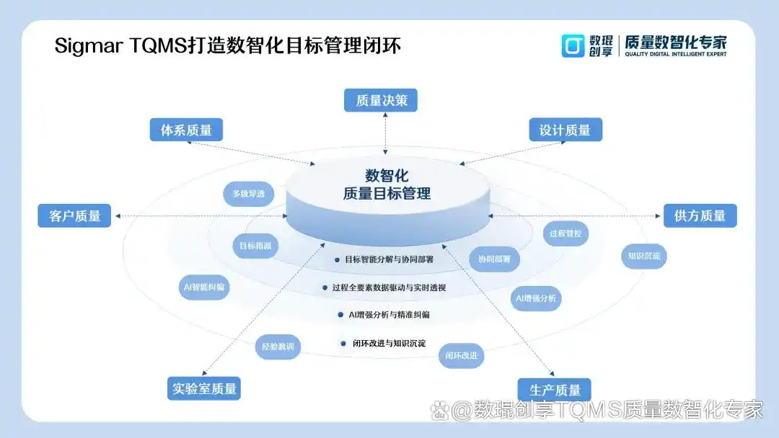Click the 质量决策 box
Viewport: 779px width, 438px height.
pos(381,100)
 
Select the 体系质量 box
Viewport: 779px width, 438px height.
pos(186,130)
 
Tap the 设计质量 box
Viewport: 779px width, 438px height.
pos(565,130)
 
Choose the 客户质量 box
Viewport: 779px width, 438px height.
pos(74,215)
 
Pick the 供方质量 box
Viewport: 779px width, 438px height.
pos(700,215)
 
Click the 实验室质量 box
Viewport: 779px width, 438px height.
pos(204,388)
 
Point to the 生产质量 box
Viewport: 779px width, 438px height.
pos(555,390)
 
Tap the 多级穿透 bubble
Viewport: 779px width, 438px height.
pos(248,194)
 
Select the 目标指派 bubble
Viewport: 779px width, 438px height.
pos(255,246)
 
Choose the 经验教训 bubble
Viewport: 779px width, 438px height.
pos(278,347)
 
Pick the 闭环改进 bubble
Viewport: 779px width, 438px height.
pos(461,355)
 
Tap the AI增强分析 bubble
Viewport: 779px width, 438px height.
pos(536,298)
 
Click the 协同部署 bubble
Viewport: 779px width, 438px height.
pos(494,259)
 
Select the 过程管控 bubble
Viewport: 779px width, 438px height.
pos(565,233)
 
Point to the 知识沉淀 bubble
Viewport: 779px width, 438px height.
pos(644,255)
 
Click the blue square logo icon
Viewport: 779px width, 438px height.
pos(573,45)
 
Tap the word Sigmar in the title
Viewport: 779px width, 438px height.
pos(87,46)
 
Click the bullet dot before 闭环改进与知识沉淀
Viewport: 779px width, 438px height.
pos(343,344)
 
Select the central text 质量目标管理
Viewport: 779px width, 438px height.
pos(387,193)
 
